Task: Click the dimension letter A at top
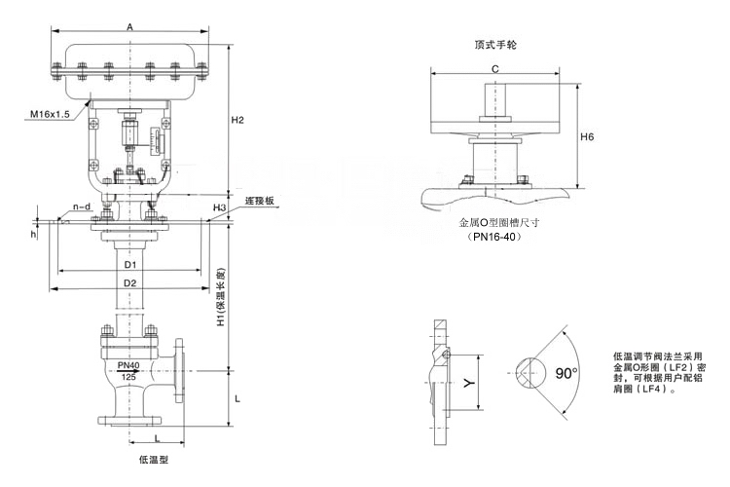[129, 27]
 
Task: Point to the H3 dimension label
[220, 208]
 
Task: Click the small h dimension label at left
[33, 234]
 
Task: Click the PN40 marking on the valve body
[128, 365]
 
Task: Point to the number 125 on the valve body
[128, 377]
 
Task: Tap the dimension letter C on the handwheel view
[494, 68]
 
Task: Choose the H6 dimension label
[587, 137]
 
